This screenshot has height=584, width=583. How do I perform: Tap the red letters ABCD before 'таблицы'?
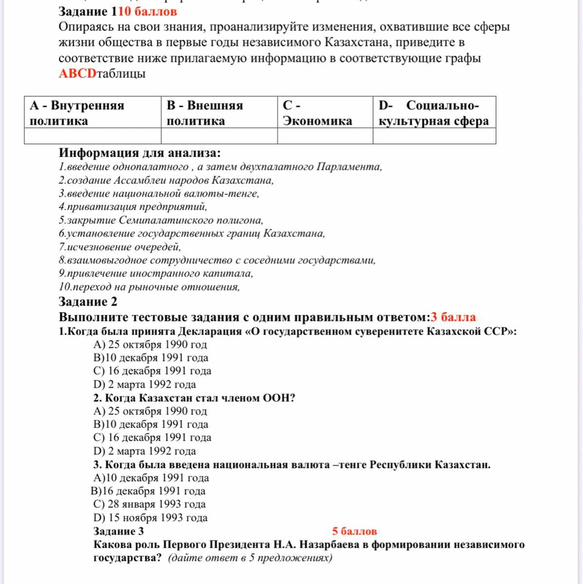point(78,73)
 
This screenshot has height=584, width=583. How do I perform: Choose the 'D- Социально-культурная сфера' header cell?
point(434,113)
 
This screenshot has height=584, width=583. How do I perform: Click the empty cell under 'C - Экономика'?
point(325,136)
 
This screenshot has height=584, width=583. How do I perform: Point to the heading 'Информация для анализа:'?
point(140,153)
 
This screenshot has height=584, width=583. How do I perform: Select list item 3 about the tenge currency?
point(159,194)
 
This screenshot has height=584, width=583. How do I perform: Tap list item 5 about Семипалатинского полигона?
point(161,220)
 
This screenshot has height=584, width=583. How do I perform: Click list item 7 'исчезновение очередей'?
point(120,247)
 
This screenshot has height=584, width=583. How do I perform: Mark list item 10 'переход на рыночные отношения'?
point(149,287)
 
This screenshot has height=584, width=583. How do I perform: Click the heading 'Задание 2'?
point(88,302)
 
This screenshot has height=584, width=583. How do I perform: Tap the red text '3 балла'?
point(453,317)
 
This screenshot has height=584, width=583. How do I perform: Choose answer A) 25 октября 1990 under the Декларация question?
point(150,345)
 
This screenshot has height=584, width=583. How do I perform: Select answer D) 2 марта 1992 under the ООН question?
point(145,451)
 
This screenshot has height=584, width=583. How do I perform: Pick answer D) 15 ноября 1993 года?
point(150,517)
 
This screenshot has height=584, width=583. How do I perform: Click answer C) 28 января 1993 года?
point(149,504)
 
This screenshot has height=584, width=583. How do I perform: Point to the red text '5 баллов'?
point(354,531)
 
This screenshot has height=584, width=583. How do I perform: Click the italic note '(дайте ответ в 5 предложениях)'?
point(250,558)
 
